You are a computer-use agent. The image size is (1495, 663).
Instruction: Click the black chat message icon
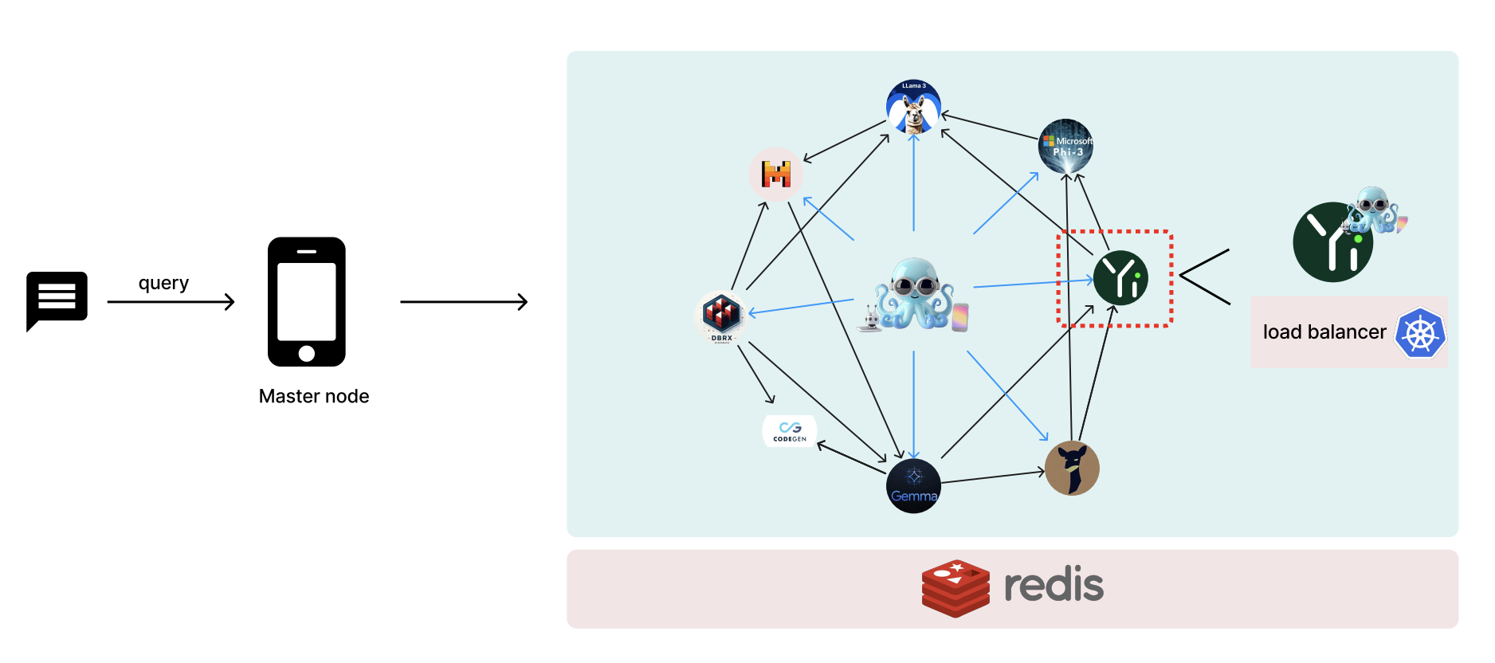click(x=57, y=299)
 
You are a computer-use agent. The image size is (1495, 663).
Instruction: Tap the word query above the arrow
click(x=163, y=283)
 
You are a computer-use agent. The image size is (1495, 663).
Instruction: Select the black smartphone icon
click(x=307, y=301)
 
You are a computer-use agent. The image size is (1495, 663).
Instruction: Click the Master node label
click(x=314, y=396)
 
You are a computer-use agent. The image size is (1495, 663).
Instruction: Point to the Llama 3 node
click(x=913, y=107)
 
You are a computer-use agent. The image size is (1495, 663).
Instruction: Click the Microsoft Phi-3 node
click(x=1065, y=146)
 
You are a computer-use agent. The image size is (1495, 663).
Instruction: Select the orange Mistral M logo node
click(x=775, y=174)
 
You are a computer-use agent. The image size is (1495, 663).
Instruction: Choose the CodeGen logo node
click(x=790, y=431)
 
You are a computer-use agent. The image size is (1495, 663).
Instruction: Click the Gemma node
click(x=913, y=486)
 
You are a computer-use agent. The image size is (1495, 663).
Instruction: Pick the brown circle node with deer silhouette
click(x=1072, y=468)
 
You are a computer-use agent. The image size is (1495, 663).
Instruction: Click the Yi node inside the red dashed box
click(x=1120, y=278)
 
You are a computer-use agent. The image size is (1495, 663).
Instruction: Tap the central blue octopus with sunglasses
click(x=914, y=294)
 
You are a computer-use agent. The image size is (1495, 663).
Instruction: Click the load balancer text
click(x=1324, y=332)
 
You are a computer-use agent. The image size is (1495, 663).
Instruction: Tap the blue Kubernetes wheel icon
click(x=1420, y=332)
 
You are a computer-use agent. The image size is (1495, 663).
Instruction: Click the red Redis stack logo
click(x=955, y=588)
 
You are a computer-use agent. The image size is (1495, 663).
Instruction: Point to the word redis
click(x=1054, y=585)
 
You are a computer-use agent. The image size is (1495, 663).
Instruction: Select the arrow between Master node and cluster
click(x=463, y=302)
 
